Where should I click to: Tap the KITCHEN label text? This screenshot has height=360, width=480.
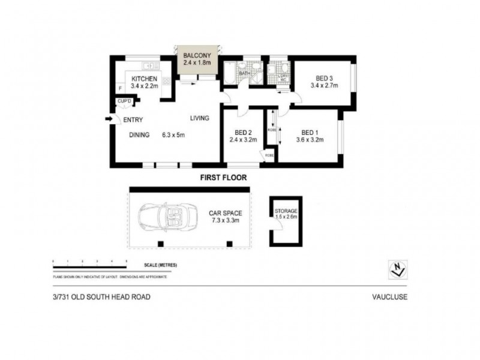click(x=144, y=79)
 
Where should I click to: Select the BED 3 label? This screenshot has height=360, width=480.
click(x=324, y=77)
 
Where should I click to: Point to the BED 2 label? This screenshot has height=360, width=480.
click(x=243, y=133)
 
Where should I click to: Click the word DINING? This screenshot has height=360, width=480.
click(x=139, y=135)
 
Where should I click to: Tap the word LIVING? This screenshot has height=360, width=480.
click(x=200, y=118)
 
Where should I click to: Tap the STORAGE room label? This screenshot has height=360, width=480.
click(x=286, y=212)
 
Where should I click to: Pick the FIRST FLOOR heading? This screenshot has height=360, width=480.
click(x=223, y=178)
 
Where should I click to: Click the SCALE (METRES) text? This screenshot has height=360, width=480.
click(x=160, y=265)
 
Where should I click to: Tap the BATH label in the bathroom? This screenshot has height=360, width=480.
click(x=244, y=74)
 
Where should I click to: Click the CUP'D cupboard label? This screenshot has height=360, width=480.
click(x=124, y=101)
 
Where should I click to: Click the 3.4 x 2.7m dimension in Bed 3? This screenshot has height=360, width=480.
click(x=324, y=85)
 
